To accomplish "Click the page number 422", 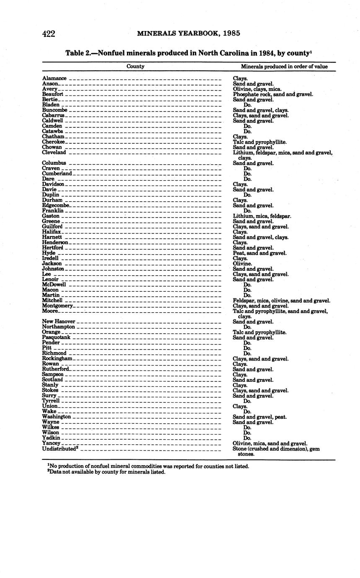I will (x=49, y=34).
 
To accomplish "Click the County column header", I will (x=135, y=66).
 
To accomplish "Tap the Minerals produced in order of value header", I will (x=284, y=66).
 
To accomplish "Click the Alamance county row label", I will (x=54, y=78).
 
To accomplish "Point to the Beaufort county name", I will (x=53, y=94).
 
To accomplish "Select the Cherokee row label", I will (x=54, y=142).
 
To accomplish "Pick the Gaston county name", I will (x=51, y=216).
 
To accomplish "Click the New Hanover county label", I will (x=59, y=321).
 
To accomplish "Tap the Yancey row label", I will (x=52, y=443).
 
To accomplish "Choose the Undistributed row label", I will (x=60, y=448).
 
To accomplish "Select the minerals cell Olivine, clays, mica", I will (x=257, y=89).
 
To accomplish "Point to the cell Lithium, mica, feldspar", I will (x=262, y=216).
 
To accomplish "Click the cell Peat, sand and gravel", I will (x=260, y=253).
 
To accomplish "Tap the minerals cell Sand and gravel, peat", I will (x=260, y=417).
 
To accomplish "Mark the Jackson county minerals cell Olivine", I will (x=242, y=264).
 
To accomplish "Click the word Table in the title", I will (x=74, y=53).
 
